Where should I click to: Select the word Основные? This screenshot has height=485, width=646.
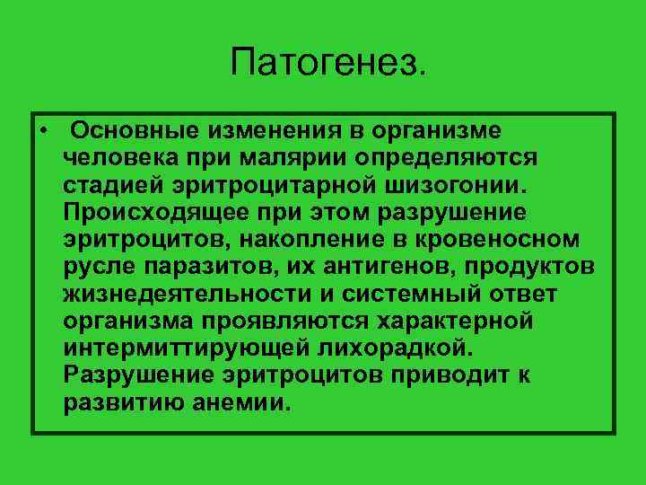pyautogui.click(x=135, y=132)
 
